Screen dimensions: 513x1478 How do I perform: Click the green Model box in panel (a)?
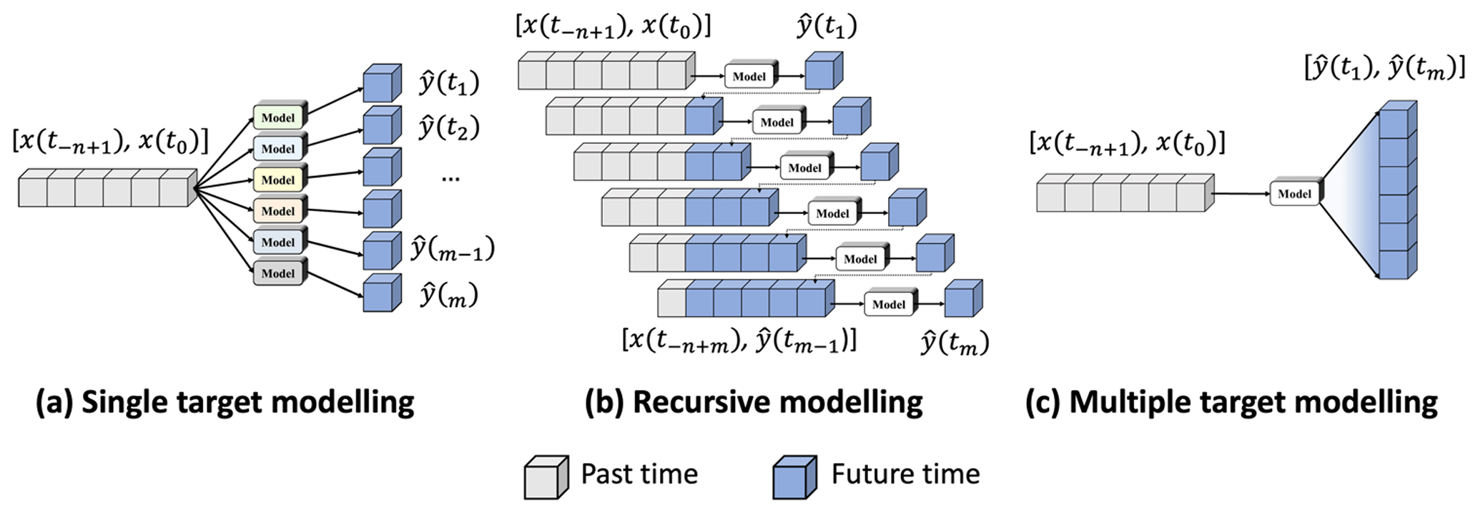tap(278, 117)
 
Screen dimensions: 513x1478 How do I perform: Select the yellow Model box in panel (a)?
tap(278, 180)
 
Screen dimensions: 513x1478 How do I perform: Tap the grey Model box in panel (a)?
tap(278, 273)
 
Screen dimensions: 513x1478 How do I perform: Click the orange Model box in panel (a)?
tap(278, 211)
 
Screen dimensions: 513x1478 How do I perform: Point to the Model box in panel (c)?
tap(1294, 194)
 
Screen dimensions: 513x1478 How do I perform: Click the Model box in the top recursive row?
tap(749, 77)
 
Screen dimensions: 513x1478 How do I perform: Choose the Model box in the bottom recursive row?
tap(888, 304)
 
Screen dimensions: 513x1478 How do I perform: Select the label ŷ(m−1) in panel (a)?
tap(452, 250)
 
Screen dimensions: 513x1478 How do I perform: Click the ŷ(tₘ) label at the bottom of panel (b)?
tap(954, 343)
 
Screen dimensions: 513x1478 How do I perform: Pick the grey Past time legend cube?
tap(546, 477)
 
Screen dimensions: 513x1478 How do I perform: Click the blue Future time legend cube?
tap(794, 477)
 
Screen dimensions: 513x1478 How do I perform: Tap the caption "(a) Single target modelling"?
tap(225, 403)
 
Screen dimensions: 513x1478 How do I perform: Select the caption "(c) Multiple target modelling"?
tap(1231, 403)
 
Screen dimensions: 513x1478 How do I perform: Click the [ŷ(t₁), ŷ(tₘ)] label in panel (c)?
tap(1384, 68)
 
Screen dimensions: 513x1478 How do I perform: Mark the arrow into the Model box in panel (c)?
tap(1241, 193)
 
